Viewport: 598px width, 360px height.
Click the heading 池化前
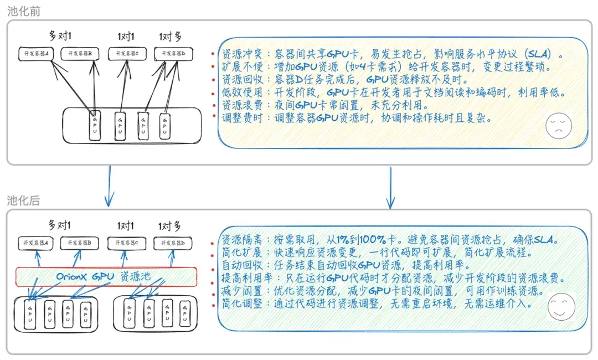coord(23,11)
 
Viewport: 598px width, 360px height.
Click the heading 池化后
coord(23,200)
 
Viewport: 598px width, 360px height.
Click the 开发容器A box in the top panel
coord(34,54)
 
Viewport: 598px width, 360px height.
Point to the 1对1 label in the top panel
coord(126,37)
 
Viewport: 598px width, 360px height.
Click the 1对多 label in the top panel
coord(170,37)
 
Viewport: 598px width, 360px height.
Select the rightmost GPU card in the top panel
coord(164,126)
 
